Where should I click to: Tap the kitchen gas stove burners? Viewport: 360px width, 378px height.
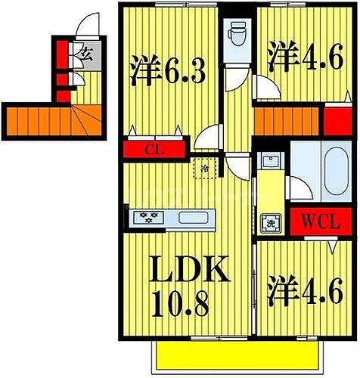tap(149, 218)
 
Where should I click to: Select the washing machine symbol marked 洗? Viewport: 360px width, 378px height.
tap(269, 222)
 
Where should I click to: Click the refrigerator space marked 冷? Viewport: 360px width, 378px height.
tap(203, 168)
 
